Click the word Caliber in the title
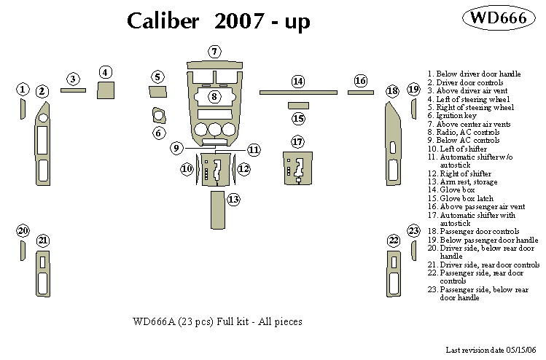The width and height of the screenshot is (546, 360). click(x=163, y=22)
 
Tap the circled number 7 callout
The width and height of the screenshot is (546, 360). click(x=214, y=52)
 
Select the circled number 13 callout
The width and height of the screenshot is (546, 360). click(x=233, y=199)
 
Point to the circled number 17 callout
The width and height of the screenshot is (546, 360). click(x=297, y=141)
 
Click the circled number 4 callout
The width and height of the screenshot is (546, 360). click(x=106, y=72)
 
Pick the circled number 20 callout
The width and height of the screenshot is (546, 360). click(x=23, y=231)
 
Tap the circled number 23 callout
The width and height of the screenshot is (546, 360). click(x=413, y=231)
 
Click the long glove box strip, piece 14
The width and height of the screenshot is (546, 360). click(x=297, y=93)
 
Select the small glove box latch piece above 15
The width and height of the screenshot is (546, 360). click(x=298, y=106)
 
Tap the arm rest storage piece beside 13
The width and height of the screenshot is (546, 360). click(x=217, y=210)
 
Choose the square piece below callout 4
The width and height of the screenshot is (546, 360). click(x=106, y=91)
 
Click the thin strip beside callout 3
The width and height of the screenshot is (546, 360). click(x=72, y=91)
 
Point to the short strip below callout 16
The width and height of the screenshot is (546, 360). click(x=361, y=92)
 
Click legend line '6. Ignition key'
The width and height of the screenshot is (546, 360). click(x=453, y=116)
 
